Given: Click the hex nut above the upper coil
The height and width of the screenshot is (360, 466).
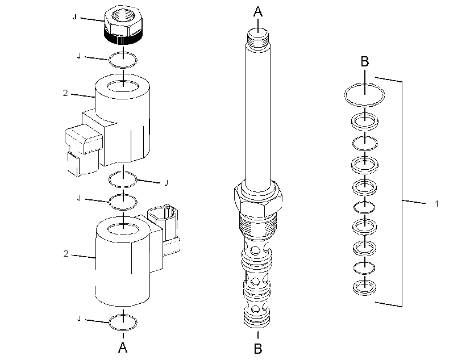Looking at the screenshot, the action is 123,26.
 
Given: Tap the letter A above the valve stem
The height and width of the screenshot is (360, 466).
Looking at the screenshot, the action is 258,12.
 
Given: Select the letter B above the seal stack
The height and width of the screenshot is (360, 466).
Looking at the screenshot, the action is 365,61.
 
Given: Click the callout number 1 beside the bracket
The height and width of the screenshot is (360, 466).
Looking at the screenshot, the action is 436,204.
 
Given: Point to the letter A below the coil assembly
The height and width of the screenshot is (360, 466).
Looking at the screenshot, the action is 123,348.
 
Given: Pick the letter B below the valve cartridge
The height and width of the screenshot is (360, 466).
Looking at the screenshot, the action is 258,349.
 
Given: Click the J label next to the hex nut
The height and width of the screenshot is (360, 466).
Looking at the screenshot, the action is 74,17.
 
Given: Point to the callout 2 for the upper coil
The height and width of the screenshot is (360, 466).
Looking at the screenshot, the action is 65,93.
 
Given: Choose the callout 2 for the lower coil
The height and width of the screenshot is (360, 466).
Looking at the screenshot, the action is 66,254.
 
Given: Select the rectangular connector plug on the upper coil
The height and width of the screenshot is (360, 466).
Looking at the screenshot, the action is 84,139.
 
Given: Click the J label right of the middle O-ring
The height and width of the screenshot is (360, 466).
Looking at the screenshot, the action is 166,183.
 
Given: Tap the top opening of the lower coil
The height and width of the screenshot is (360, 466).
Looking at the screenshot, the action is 123,229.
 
